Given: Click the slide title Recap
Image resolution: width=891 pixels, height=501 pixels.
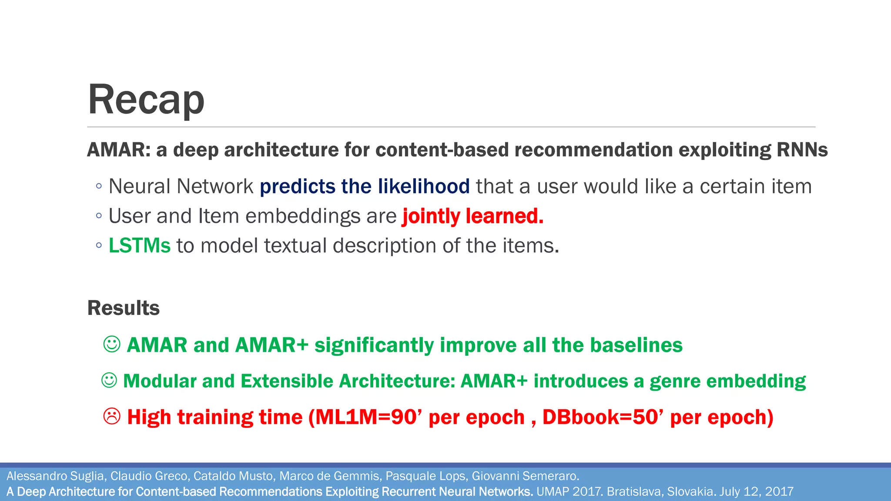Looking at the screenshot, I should pyautogui.click(x=146, y=100).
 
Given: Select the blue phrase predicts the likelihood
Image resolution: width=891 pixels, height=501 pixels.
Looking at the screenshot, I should pyautogui.click(x=365, y=187).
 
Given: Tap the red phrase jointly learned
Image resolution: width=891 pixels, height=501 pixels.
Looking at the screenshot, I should pyautogui.click(x=473, y=216).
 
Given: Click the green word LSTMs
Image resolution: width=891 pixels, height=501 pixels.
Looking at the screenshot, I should pyautogui.click(x=139, y=246).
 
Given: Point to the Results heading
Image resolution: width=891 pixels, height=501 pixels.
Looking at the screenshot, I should pyautogui.click(x=124, y=308).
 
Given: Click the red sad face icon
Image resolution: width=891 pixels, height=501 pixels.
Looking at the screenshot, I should pyautogui.click(x=112, y=417).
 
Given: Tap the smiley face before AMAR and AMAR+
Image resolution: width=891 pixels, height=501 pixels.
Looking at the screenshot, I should pyautogui.click(x=112, y=344).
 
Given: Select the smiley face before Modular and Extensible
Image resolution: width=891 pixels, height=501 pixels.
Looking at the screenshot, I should pyautogui.click(x=109, y=381).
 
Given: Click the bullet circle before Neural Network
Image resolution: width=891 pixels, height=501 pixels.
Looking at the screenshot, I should pyautogui.click(x=99, y=187).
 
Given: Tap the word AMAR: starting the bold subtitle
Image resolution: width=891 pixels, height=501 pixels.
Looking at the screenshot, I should pyautogui.click(x=119, y=150).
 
